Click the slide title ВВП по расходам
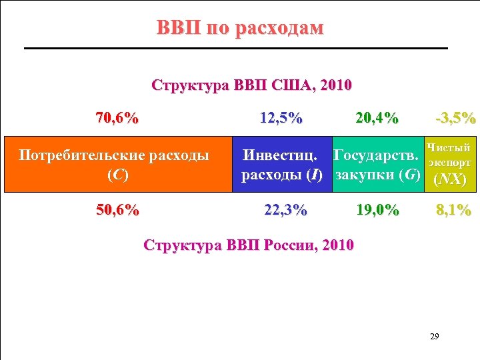[239, 28]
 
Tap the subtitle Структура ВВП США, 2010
[252, 86]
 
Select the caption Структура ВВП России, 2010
[249, 244]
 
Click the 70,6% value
[117, 119]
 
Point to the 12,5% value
[281, 119]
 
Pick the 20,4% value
[377, 119]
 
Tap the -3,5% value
[455, 119]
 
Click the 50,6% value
[117, 211]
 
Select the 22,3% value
[285, 211]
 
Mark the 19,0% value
[377, 211]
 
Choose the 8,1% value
[453, 211]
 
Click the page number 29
[435, 335]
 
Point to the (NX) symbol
[449, 179]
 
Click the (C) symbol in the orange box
[117, 175]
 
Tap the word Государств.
[377, 156]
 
